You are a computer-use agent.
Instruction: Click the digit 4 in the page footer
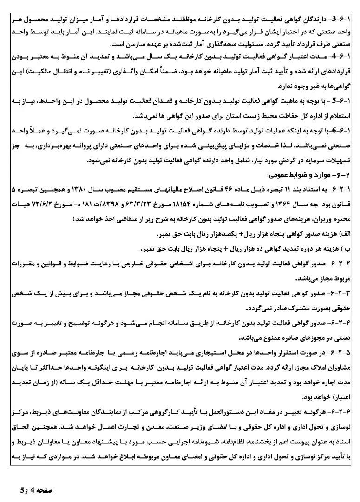tap(39, 490)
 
